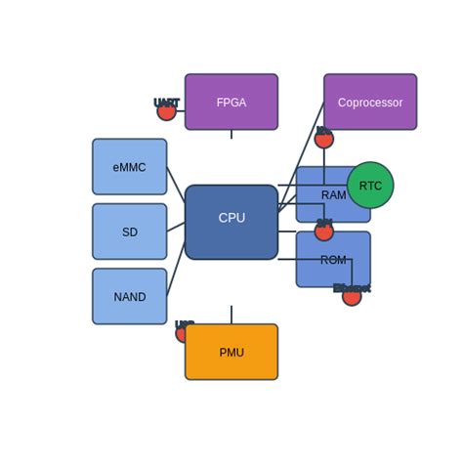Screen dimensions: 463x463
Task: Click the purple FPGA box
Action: (231, 102)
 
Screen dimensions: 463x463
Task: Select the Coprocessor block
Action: (370, 102)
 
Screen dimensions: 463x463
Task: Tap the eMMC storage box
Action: (129, 167)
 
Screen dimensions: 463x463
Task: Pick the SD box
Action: (129, 231)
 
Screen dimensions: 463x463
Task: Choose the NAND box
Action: (129, 297)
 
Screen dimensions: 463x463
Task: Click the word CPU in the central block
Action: (231, 218)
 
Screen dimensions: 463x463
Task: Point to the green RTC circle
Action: (370, 186)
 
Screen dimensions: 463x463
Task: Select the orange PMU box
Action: (231, 353)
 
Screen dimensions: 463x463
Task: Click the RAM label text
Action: (333, 195)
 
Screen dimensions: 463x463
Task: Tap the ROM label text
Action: (333, 260)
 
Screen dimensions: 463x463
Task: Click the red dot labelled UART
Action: (167, 111)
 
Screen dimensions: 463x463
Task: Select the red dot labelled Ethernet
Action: (352, 297)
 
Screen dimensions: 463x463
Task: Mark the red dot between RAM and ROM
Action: (324, 231)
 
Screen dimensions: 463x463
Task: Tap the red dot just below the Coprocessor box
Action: (324, 140)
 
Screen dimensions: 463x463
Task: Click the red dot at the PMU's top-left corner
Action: (183, 334)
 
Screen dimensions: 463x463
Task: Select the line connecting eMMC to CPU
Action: (176, 183)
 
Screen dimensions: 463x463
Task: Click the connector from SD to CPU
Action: (176, 227)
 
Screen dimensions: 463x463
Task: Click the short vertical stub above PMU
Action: (231, 315)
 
